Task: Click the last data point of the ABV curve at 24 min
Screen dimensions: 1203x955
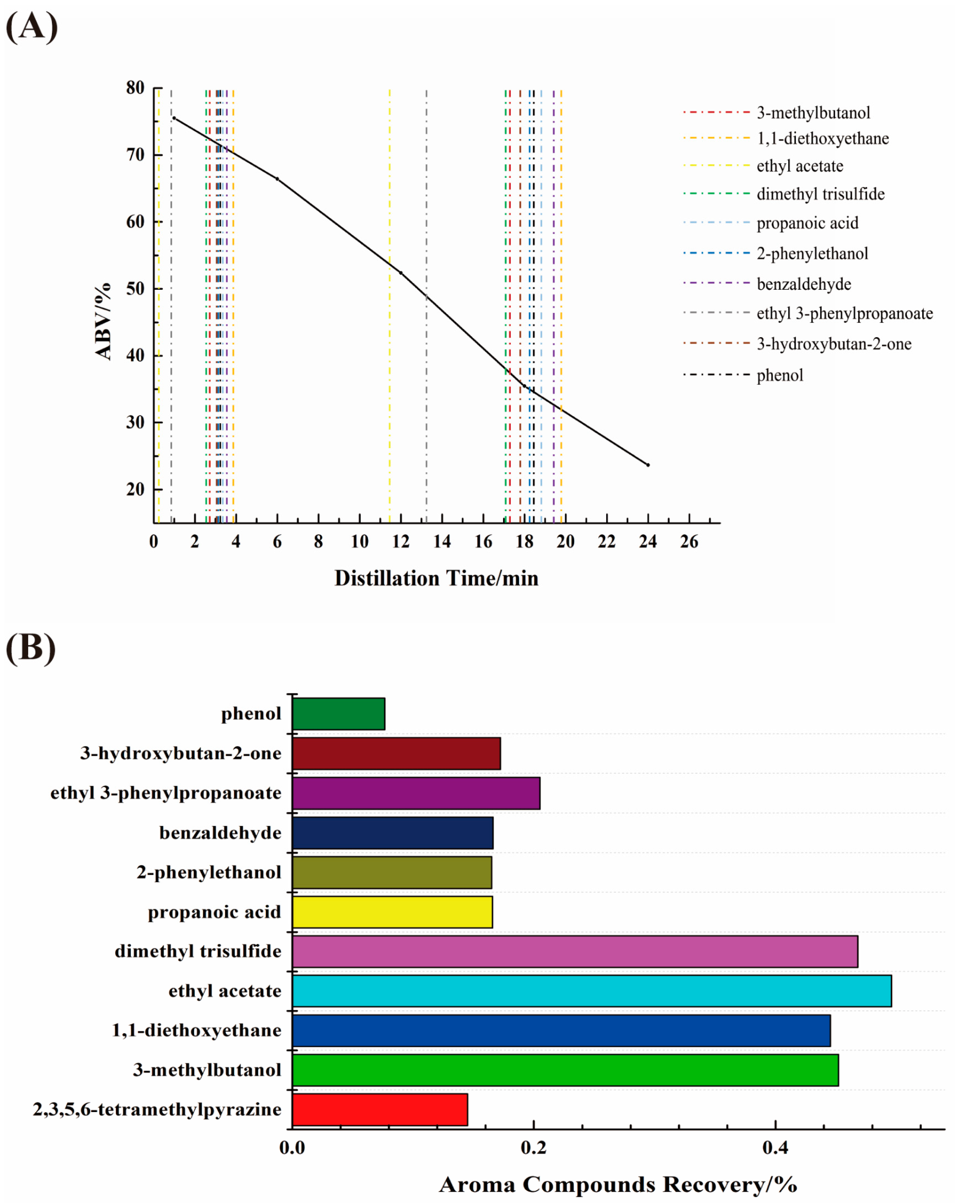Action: point(648,465)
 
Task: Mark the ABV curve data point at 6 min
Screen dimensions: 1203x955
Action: point(277,179)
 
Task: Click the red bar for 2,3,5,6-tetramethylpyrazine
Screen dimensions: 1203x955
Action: point(379,1109)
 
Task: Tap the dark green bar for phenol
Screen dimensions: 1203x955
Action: point(338,714)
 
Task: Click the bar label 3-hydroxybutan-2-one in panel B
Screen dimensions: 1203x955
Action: point(181,753)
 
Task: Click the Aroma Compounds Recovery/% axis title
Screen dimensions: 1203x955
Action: point(618,1184)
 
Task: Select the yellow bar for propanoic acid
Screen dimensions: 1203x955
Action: point(392,912)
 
